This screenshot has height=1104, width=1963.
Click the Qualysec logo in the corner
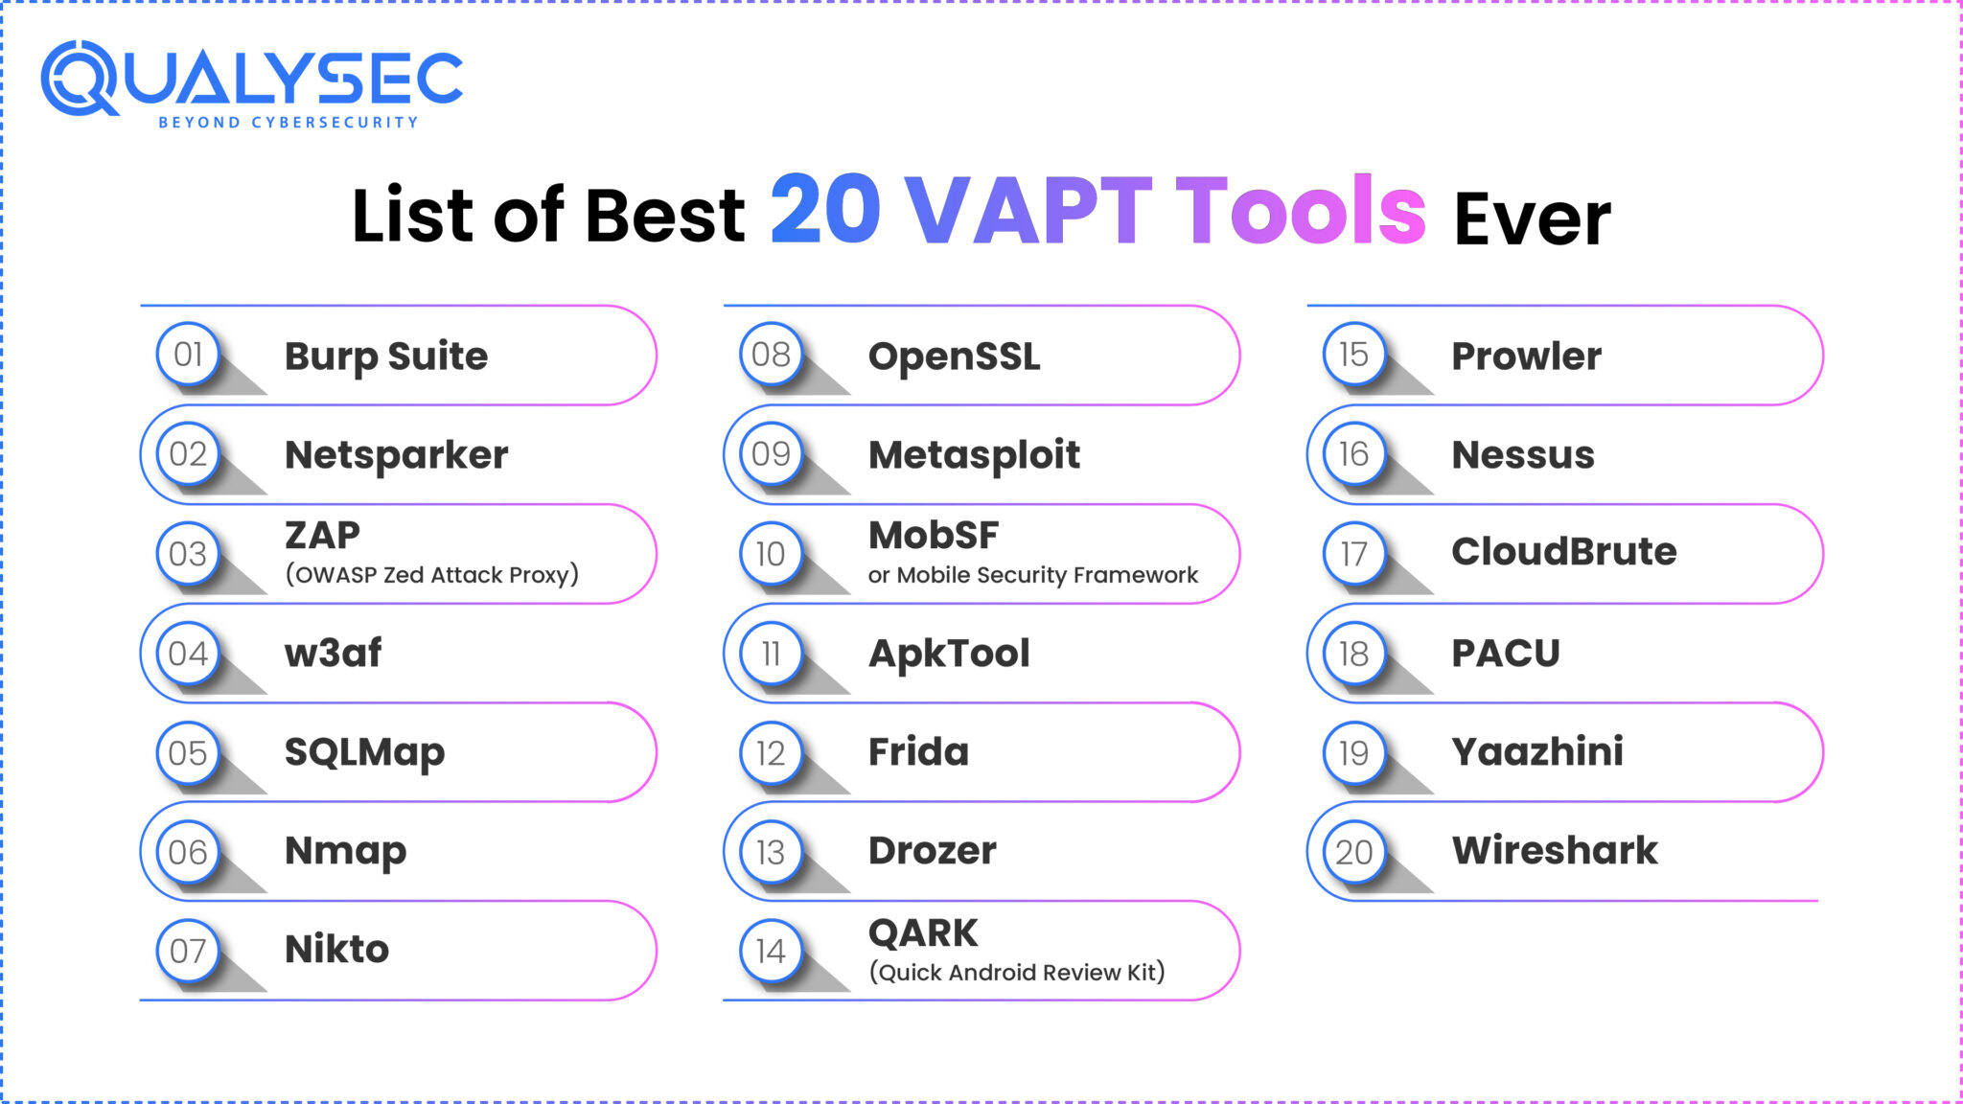click(x=251, y=84)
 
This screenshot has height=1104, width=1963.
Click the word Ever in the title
click(x=1532, y=219)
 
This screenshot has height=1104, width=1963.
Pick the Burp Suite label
click(x=386, y=356)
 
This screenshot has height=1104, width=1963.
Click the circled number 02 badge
click(x=188, y=454)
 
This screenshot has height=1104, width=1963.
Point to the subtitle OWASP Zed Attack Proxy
click(x=431, y=575)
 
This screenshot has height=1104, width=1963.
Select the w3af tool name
click(x=333, y=654)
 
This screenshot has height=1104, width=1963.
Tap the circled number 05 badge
click(x=188, y=753)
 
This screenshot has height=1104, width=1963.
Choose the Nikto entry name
click(x=336, y=950)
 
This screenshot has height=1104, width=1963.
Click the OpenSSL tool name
click(x=954, y=356)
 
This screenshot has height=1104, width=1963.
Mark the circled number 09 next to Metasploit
click(x=771, y=454)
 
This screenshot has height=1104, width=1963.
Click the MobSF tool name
click(x=933, y=536)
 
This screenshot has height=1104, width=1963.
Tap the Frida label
click(x=918, y=752)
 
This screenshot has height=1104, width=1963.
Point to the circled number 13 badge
click(x=771, y=852)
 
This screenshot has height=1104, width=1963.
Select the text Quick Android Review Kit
click(x=1016, y=973)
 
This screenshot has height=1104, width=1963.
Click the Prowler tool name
click(x=1526, y=356)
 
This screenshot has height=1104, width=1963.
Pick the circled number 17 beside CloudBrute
click(x=1353, y=554)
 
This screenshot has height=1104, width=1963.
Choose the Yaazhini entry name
click(x=1537, y=752)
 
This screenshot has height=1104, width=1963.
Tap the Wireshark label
click(x=1555, y=851)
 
